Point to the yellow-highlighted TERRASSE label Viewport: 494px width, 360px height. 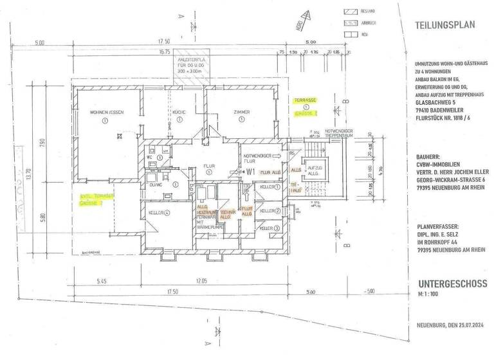[305, 100]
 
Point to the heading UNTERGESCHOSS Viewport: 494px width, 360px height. [452, 283]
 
